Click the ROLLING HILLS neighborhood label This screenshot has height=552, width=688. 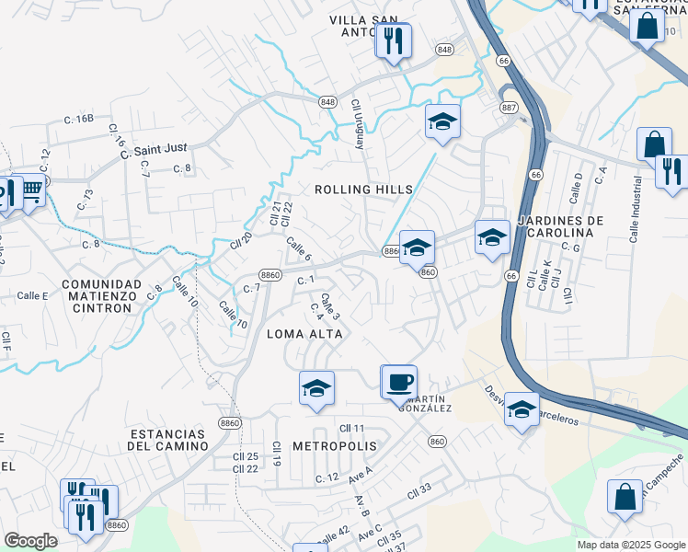click(x=363, y=190)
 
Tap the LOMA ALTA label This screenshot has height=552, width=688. click(x=304, y=334)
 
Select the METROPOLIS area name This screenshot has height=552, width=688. click(x=335, y=445)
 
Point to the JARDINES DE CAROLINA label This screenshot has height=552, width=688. click(x=560, y=227)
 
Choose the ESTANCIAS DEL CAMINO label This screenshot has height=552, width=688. click(x=166, y=439)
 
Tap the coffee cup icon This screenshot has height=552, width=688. click(x=399, y=381)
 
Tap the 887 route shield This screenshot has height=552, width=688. click(x=509, y=108)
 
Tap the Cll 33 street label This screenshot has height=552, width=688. click(x=419, y=489)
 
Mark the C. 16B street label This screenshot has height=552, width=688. click(x=79, y=119)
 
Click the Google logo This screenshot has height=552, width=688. click(x=30, y=541)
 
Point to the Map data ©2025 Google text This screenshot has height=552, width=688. click(x=631, y=545)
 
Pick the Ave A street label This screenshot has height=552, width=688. click(x=360, y=473)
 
